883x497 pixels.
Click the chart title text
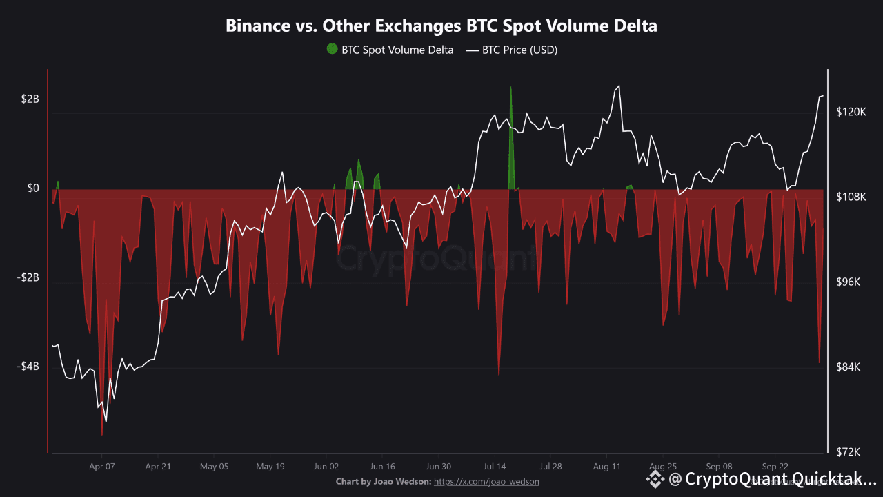click(441, 26)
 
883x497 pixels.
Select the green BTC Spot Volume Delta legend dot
click(332, 49)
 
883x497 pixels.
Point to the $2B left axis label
click(30, 99)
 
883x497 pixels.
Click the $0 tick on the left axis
click(32, 188)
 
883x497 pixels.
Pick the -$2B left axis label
click(28, 277)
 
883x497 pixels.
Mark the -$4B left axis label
click(28, 367)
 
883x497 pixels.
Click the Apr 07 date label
click(102, 466)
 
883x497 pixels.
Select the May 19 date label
click(270, 466)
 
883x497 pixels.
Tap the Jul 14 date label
click(494, 466)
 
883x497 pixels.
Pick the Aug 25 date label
click(662, 466)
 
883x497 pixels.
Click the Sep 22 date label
click(775, 466)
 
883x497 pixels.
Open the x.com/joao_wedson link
click(486, 481)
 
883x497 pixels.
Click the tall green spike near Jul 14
click(511, 124)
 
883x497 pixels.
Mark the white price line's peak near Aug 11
click(619, 86)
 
